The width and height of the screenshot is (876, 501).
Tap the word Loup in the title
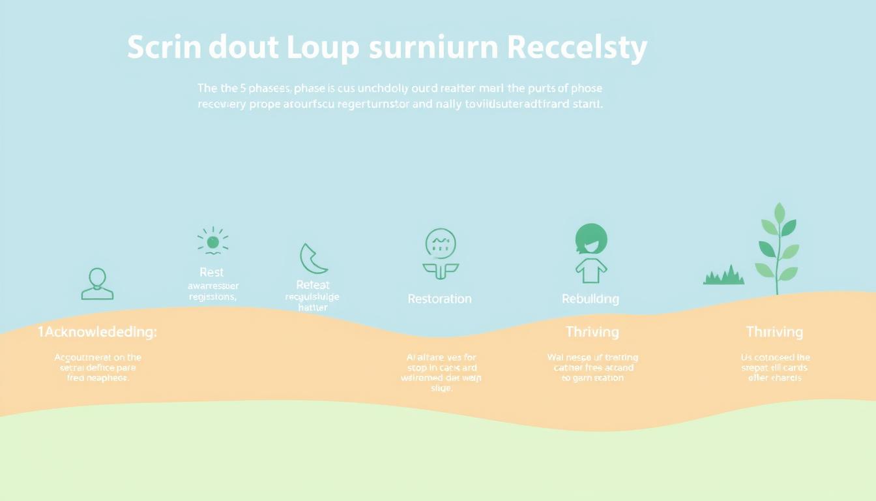pos(324,48)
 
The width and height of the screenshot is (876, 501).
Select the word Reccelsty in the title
pos(576,48)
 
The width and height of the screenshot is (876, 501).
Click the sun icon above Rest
pos(212,242)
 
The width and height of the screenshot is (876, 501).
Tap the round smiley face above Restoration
pos(441,243)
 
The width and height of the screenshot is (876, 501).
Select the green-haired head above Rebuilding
pos(591,239)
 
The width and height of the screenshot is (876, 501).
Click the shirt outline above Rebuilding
pos(591,270)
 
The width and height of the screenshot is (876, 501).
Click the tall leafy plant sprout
pos(777,251)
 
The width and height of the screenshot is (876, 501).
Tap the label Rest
pos(211,272)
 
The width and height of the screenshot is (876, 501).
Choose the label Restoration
pos(439,299)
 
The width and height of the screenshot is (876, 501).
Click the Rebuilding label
pos(591,299)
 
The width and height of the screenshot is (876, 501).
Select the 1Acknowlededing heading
pos(97,332)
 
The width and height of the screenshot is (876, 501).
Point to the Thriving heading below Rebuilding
pos(592,332)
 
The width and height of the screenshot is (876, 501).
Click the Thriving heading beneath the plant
pos(774,332)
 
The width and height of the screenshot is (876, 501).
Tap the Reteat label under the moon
pos(313,284)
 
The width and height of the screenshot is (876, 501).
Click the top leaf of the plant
pos(779,213)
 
